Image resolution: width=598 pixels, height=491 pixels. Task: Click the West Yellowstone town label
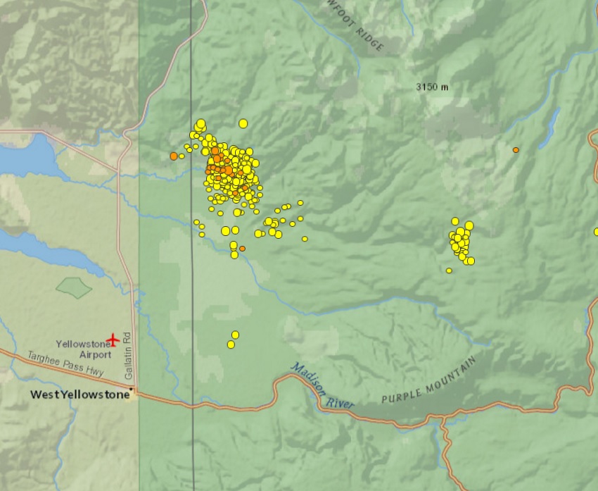tap(80, 394)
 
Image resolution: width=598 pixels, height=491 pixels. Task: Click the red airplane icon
tap(113, 340)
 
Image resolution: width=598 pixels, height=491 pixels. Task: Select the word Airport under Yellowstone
tap(95, 355)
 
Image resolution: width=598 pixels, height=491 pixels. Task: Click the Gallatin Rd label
tap(129, 360)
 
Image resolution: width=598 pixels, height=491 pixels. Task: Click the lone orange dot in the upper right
tap(516, 150)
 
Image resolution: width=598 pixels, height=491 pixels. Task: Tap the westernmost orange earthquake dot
tap(174, 156)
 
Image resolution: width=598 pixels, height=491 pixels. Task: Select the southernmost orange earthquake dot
tap(242, 248)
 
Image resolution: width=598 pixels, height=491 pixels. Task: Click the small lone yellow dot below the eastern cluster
tap(449, 271)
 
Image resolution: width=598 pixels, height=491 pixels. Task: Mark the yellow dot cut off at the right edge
tap(595, 231)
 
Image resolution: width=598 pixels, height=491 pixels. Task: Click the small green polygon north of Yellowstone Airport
tap(74, 287)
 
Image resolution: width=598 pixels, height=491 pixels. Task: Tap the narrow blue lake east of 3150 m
tap(549, 129)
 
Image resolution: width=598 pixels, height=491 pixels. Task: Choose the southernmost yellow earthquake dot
tap(231, 344)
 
